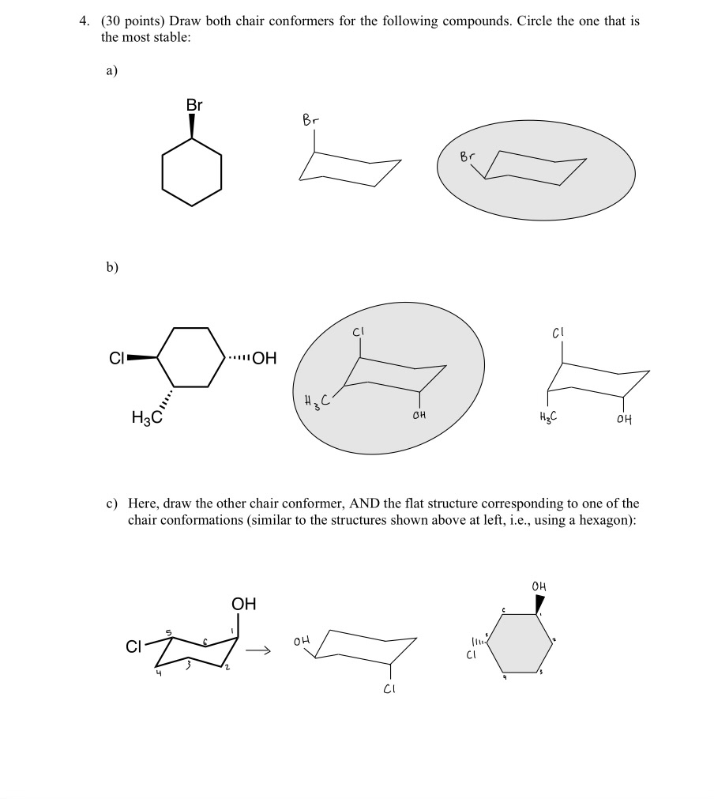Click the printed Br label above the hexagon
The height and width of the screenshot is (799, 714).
(194, 104)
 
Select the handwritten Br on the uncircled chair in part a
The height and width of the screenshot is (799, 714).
(312, 120)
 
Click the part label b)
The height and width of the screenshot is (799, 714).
(111, 266)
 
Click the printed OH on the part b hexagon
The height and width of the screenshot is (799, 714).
(263, 358)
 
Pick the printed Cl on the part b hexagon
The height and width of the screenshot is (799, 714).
(118, 358)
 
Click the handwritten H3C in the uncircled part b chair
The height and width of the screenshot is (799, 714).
(547, 418)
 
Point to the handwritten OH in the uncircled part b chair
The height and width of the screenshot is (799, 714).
(624, 419)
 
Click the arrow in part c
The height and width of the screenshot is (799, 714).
(261, 651)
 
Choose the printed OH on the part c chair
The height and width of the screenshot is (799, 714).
(244, 605)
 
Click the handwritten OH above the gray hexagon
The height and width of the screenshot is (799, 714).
(539, 586)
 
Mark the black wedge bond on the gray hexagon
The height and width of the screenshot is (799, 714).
(539, 605)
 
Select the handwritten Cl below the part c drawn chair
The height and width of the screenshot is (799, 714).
(389, 690)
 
